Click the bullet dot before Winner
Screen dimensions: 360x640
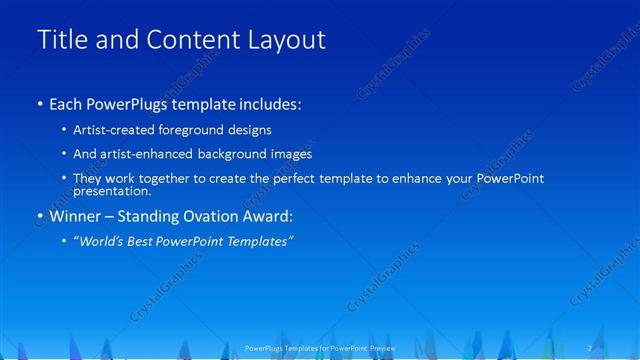click(x=39, y=216)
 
